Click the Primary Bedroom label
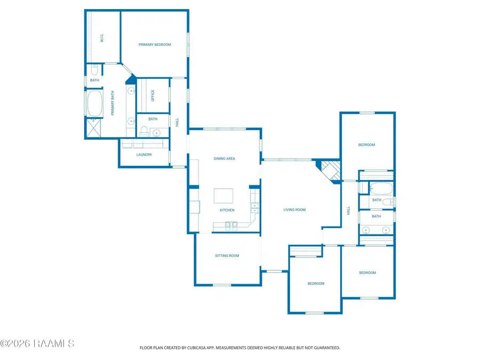pos(155,45)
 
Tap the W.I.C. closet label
pos(102,38)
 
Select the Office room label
pos(153,95)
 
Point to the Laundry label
pos(144,155)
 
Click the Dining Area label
pos(225,158)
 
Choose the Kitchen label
pos(227,210)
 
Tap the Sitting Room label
pos(227,255)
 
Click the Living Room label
pos(294,210)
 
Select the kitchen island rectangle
pos(223,196)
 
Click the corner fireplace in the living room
pos(330,171)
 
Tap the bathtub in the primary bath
pos(94,103)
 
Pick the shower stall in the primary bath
pos(93,128)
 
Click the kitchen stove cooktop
pos(231,226)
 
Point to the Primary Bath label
pos(113,103)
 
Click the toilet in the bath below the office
pos(144,131)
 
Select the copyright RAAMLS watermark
pos(37,343)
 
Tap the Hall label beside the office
pos(177,123)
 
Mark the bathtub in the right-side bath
pos(380,189)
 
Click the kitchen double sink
pos(255,208)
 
